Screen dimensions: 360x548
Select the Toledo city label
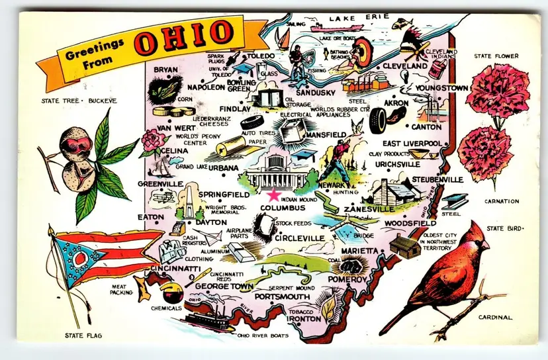pyautogui.click(x=260, y=56)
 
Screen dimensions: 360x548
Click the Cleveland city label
pyautogui.click(x=404, y=66)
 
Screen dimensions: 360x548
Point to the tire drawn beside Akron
pyautogui.click(x=379, y=120)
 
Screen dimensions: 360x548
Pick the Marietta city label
pyautogui.click(x=359, y=251)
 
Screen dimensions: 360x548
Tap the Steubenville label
pyautogui.click(x=437, y=179)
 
